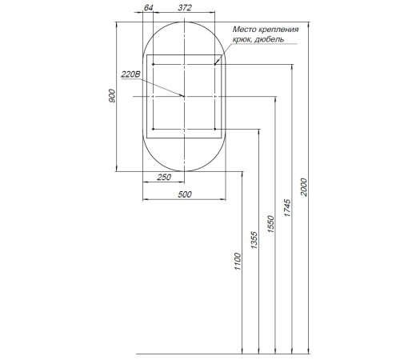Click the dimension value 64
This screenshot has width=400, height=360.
pos(148,8)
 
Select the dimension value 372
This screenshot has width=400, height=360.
pos(185,8)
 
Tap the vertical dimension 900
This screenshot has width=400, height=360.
pos(112,96)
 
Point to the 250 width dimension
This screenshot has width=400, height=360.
pos(164,177)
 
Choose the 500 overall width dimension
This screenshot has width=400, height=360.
pos(185,194)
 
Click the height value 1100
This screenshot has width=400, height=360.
pos(238,262)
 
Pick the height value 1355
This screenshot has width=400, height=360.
pos(254,240)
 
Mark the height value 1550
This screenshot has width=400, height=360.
pos(270,224)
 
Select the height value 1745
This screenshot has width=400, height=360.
pos(287,208)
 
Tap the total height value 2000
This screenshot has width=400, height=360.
pos(304,187)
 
